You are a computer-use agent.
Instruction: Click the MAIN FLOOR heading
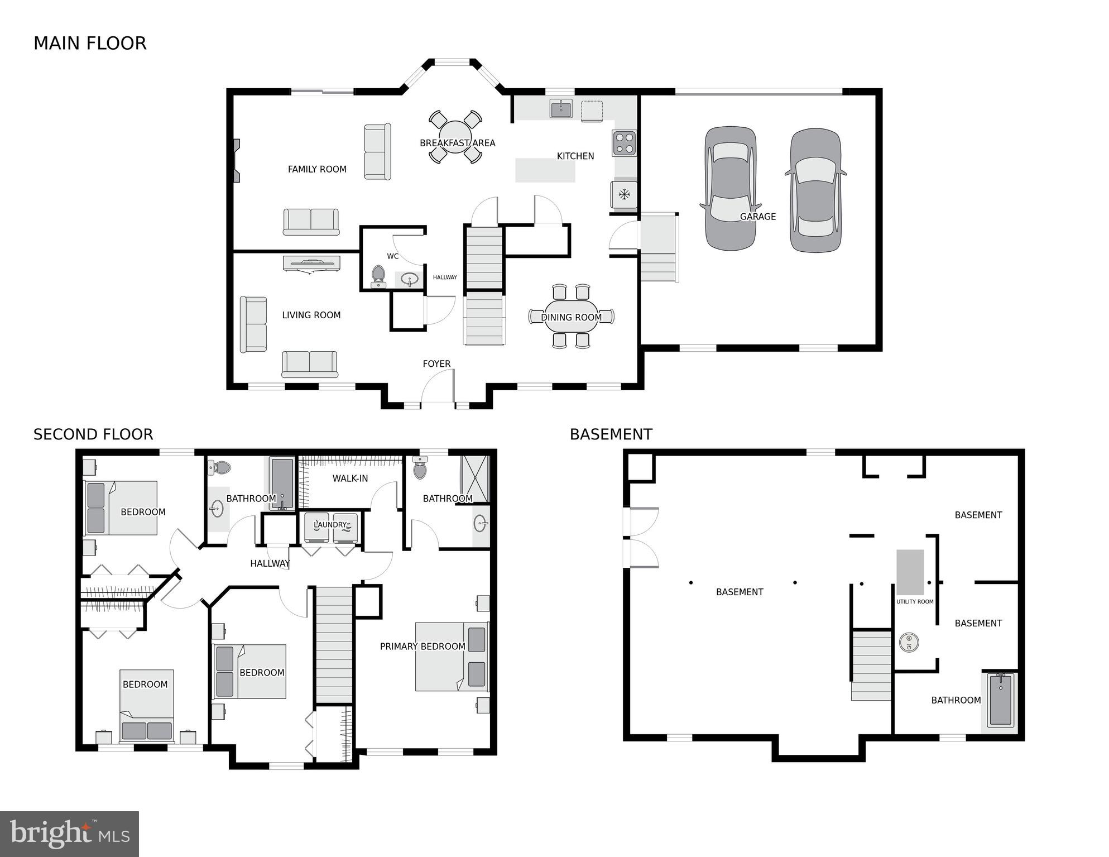click(90, 44)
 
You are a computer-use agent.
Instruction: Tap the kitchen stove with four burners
click(624, 143)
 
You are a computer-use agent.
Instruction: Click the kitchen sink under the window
click(561, 109)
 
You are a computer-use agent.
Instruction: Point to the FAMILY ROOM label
click(317, 169)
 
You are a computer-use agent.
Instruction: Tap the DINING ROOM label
click(571, 317)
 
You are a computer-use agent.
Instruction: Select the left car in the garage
click(730, 188)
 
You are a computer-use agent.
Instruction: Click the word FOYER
click(436, 364)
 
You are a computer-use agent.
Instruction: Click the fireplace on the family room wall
click(237, 161)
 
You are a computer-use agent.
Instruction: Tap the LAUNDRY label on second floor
click(330, 525)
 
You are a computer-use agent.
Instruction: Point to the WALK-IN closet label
click(350, 478)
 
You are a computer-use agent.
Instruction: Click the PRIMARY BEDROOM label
click(423, 647)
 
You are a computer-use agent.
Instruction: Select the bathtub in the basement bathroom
click(1000, 700)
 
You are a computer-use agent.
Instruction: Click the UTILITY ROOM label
click(915, 602)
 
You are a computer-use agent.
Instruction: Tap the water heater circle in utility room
click(909, 643)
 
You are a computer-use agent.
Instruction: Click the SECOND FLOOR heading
click(93, 434)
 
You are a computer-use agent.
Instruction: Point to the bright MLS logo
click(69, 834)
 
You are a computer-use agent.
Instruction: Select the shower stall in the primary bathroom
click(475, 478)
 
